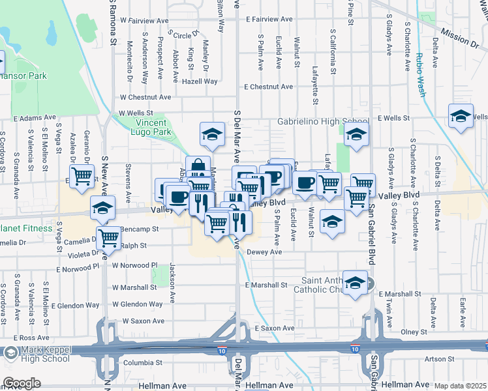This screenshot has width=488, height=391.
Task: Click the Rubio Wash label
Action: [418, 77]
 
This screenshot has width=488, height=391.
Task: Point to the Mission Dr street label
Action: [459, 38]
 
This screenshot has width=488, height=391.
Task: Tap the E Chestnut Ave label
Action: [268, 87]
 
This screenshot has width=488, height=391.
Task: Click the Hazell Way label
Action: [200, 81]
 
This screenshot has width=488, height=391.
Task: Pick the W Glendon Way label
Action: [137, 304]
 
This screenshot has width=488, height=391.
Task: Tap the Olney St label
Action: [413, 332]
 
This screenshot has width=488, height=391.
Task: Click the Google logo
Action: [22, 383]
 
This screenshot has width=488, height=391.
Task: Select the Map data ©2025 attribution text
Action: [461, 386]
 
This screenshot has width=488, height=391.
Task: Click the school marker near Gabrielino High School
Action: [357, 136]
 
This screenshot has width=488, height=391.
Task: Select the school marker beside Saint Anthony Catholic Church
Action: [355, 283]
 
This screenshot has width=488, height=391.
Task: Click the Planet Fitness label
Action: [25, 228]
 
